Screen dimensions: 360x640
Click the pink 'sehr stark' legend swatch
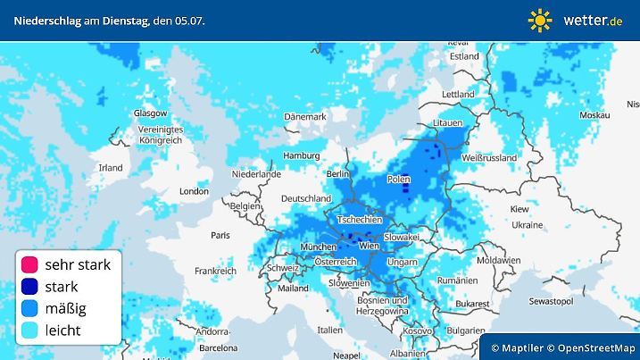(30, 264)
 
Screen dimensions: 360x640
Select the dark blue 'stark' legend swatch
(30, 287)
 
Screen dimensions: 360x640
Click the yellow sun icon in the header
(540, 20)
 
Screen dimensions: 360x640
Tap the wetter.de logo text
(593, 20)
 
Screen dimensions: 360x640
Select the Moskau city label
(594, 115)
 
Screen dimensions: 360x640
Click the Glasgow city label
(150, 113)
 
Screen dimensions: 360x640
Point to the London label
(194, 190)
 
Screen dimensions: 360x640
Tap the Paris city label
(220, 235)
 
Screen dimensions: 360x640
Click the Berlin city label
(337, 173)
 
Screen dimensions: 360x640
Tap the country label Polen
(398, 180)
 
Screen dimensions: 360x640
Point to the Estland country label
(464, 55)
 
